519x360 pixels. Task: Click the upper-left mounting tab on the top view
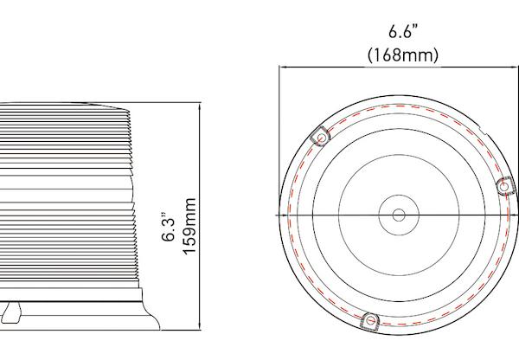[319, 137]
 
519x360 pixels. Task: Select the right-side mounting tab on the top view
[505, 185]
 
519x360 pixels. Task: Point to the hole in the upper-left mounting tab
[319, 138]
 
